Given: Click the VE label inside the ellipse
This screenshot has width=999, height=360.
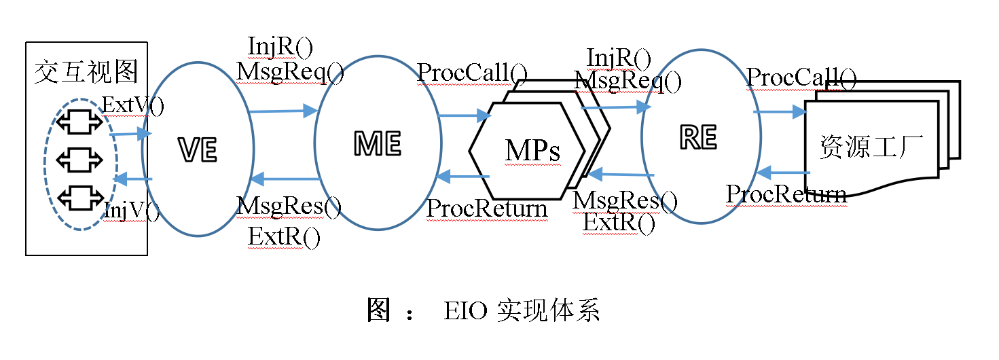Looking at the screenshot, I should click(x=198, y=150).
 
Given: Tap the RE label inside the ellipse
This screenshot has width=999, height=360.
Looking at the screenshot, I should click(x=698, y=138).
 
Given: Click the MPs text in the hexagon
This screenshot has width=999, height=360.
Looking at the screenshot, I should click(x=532, y=151).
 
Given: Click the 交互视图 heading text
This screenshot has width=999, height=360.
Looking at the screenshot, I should click(x=86, y=71).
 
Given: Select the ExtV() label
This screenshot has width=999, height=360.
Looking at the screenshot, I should click(x=132, y=105).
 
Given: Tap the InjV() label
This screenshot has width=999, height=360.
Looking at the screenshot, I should click(x=131, y=211).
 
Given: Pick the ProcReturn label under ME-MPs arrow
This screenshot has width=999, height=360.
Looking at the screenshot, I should click(x=486, y=209).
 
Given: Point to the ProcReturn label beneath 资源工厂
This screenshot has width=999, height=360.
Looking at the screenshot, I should click(x=786, y=195).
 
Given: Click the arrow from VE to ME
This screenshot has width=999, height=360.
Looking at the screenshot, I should click(x=283, y=111).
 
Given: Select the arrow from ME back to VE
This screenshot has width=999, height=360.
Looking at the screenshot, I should click(x=285, y=179).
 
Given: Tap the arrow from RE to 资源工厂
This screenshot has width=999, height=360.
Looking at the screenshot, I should click(x=779, y=111).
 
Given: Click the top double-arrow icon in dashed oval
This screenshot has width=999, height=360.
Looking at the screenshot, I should click(x=79, y=122).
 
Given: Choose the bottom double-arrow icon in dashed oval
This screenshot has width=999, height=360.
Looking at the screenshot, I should click(x=79, y=198).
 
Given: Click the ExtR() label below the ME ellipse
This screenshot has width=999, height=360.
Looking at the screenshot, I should click(x=284, y=237).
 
